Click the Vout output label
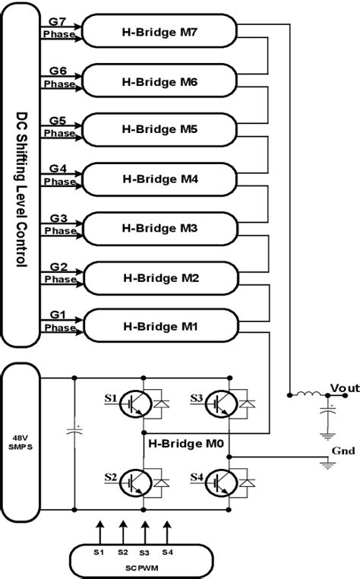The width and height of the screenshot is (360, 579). click(343, 388)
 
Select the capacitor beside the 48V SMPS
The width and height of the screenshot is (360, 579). click(74, 433)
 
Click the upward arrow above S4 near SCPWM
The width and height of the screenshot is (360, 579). click(168, 528)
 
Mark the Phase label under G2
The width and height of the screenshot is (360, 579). click(60, 279)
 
